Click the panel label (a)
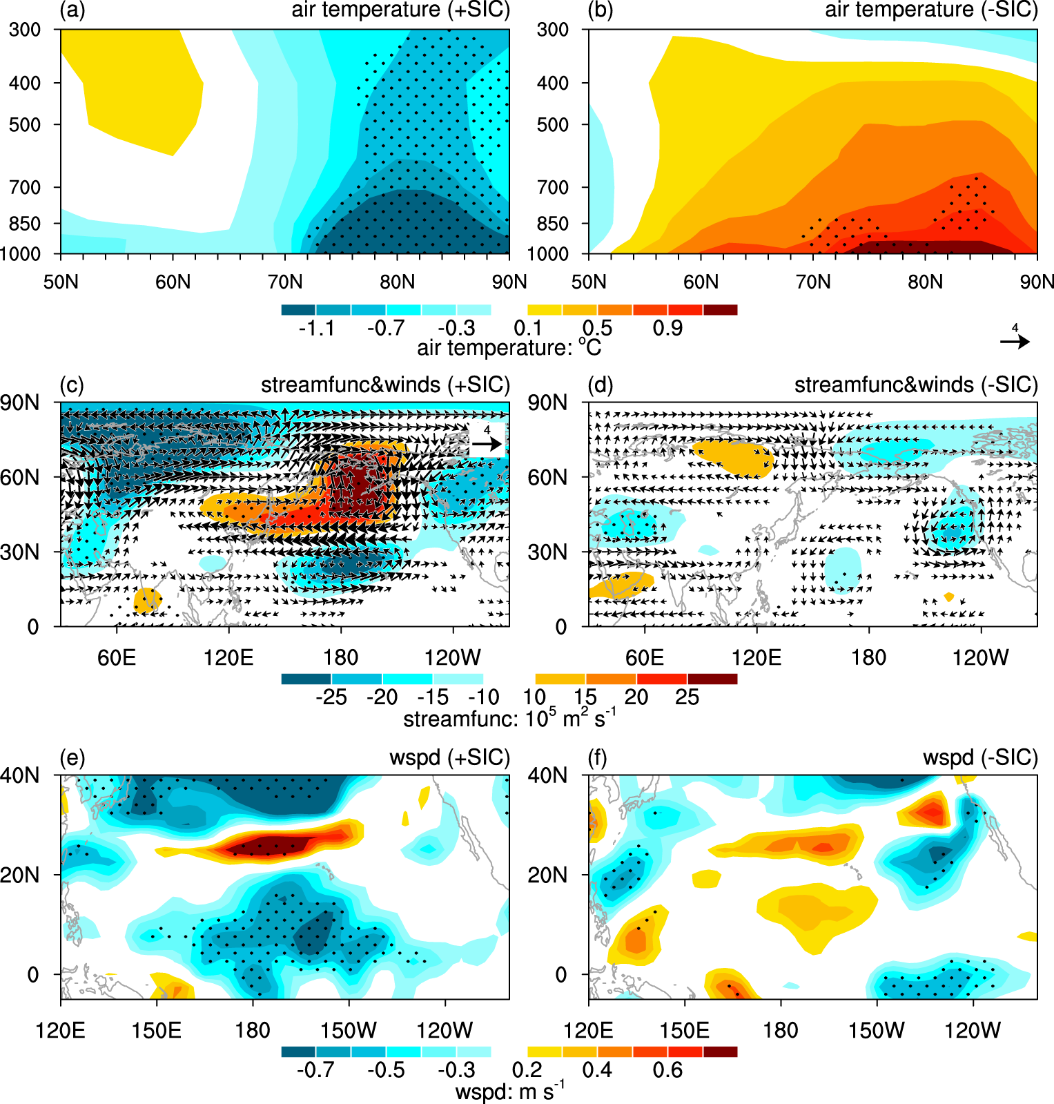coord(72,10)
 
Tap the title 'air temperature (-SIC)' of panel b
coord(931,10)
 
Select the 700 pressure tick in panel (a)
coord(25,187)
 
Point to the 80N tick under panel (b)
coord(925,282)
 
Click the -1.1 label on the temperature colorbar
coord(317,328)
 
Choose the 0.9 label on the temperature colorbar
coord(667,328)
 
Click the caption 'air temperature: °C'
coord(509,347)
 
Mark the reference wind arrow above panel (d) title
coord(1015,341)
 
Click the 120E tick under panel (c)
coord(228,657)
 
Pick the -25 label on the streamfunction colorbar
coord(331,697)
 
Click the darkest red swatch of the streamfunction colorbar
coord(712,679)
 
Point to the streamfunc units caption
coord(509,719)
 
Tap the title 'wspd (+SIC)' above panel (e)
coord(449,757)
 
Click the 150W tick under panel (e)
coord(349,1031)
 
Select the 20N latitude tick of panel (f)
coord(547,875)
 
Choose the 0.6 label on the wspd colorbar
coord(667,1070)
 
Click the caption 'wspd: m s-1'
coord(509,1092)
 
